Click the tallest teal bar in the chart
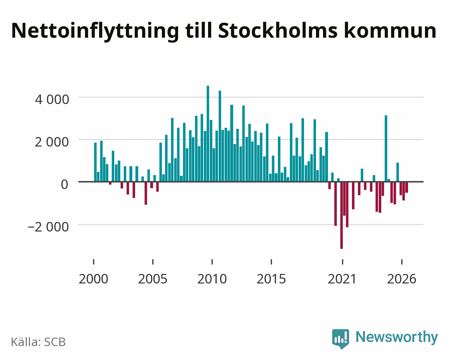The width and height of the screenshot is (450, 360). point(208,133)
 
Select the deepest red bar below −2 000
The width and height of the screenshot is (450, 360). point(341,215)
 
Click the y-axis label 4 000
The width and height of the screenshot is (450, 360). point(52,100)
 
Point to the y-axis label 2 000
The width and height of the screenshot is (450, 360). point(52,142)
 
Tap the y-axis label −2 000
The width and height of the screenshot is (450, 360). point(48,227)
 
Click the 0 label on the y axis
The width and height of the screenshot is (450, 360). point(65,184)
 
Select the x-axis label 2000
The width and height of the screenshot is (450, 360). point(93,279)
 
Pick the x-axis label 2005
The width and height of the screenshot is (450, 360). point(153,279)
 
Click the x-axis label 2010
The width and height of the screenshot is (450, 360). point(212,279)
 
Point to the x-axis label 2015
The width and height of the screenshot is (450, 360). point(271,279)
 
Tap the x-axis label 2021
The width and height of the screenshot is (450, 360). point(342,279)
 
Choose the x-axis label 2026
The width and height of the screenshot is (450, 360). point(402,279)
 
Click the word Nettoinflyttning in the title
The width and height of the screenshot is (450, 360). point(95,31)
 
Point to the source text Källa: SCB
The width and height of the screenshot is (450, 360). point(38,342)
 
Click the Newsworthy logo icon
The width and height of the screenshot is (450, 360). point(340,339)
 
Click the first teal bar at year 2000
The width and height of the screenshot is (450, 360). point(95,162)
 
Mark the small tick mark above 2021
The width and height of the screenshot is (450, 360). point(342,262)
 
